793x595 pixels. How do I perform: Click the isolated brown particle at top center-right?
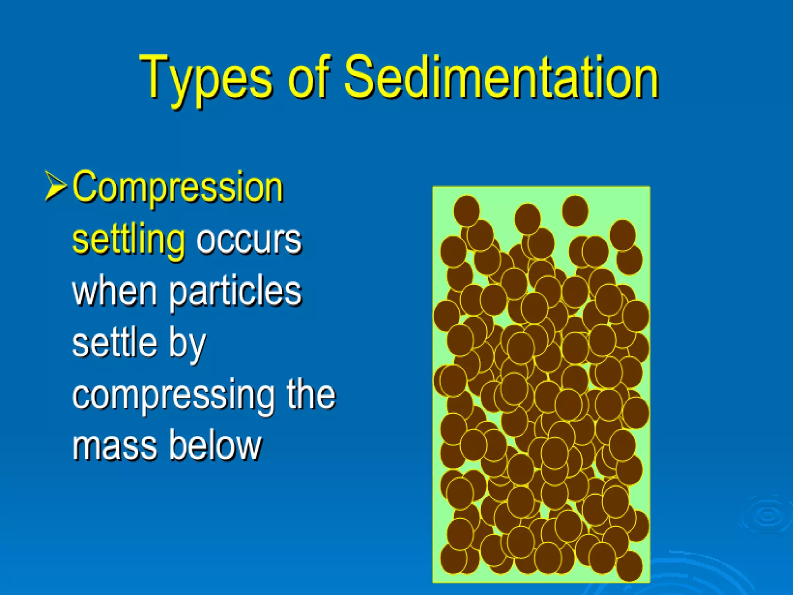pyautogui.click(x=575, y=211)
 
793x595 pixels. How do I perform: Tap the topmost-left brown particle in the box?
pyautogui.click(x=467, y=211)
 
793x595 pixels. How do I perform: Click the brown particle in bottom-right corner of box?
pyautogui.click(x=629, y=566)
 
